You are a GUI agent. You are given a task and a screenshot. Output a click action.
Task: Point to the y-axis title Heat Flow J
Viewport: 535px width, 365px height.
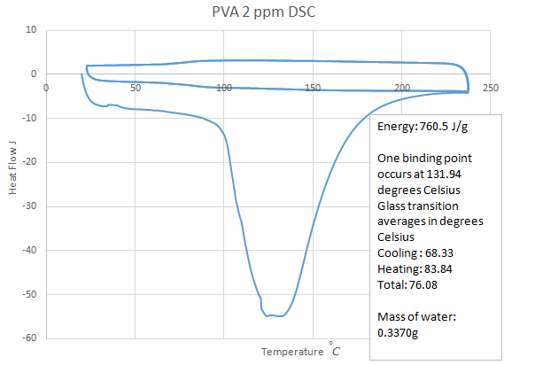click(12, 182)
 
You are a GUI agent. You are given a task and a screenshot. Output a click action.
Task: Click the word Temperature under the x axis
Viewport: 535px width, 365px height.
click(292, 352)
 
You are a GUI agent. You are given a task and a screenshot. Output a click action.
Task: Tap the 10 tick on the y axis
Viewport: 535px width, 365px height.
click(32, 29)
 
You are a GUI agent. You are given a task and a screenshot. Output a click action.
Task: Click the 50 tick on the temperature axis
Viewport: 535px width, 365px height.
click(135, 87)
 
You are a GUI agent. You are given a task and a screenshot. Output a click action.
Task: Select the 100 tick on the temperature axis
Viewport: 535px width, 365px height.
click(224, 87)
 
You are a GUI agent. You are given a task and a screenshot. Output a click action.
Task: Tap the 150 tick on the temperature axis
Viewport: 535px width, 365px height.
click(313, 87)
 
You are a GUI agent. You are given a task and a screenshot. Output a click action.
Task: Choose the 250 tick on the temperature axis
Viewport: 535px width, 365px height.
click(491, 87)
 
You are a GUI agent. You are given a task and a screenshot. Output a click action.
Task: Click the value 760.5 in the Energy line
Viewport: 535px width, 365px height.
click(439, 127)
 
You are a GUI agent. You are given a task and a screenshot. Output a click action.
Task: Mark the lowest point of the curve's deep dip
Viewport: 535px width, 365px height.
click(276, 316)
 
